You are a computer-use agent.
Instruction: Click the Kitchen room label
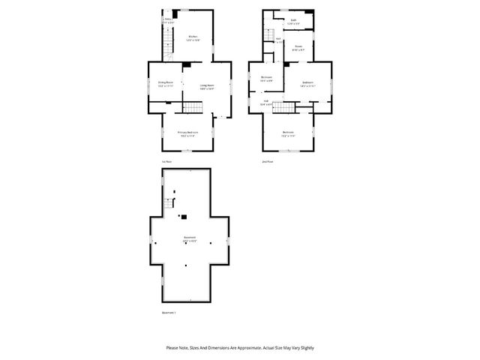click(x=193, y=37)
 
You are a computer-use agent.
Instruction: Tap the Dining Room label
click(x=165, y=83)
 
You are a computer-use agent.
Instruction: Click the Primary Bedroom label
click(x=187, y=133)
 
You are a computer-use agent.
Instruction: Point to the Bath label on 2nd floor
click(x=293, y=22)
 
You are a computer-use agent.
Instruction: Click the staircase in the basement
click(x=169, y=202)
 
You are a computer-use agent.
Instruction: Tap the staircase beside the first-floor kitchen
click(x=169, y=46)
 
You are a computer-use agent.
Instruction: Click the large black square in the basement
click(x=184, y=217)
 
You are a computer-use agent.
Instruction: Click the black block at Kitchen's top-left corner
click(x=175, y=13)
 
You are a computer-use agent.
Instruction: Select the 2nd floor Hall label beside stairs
click(x=265, y=103)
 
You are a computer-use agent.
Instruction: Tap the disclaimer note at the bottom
click(x=240, y=348)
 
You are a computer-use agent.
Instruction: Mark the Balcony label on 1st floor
click(x=168, y=21)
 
